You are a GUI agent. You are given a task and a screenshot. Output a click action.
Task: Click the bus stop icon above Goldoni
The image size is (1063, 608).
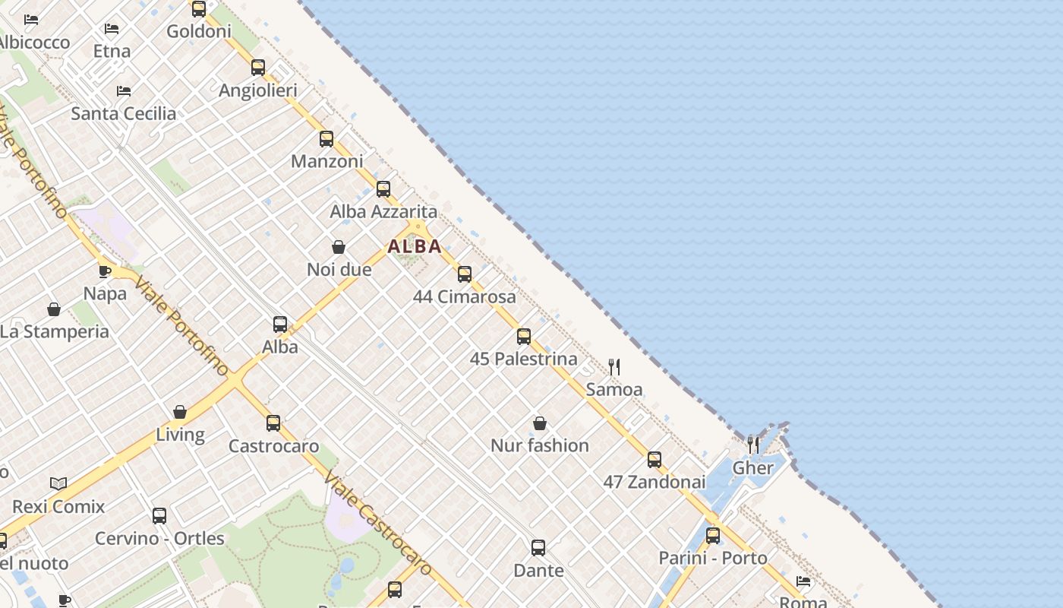[x=199, y=9]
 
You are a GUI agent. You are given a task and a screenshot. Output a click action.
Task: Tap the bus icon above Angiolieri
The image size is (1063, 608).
[x=258, y=68]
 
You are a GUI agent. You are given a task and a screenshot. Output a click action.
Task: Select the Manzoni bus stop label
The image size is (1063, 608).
[x=327, y=161]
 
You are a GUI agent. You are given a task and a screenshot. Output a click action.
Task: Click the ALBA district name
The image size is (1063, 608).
[x=415, y=246]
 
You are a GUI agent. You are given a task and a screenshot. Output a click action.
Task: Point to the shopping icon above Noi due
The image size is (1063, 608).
[x=339, y=247]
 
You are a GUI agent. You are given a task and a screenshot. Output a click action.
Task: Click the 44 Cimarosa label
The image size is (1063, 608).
[x=464, y=296]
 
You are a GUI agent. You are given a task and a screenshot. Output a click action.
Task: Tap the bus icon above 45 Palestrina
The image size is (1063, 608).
[x=524, y=337]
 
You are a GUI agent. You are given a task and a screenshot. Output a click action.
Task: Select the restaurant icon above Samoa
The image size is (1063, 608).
[x=614, y=367]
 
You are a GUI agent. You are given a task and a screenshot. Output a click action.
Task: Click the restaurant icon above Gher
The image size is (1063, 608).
[x=752, y=445]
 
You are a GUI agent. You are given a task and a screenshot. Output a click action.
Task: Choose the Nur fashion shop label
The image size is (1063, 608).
[x=539, y=445]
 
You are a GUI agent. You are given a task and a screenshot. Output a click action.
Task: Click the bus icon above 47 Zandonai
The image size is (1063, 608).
[x=655, y=460]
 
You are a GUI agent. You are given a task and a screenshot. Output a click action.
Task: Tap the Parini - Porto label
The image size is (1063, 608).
[x=712, y=558]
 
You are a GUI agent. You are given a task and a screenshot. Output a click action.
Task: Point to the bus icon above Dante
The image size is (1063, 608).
[x=538, y=547]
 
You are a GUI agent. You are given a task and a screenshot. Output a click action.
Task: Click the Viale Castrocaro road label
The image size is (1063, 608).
[x=377, y=524]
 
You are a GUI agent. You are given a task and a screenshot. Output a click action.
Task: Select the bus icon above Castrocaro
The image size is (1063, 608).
[x=273, y=423]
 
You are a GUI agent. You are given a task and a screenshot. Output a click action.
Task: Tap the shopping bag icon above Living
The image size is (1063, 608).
[x=180, y=412]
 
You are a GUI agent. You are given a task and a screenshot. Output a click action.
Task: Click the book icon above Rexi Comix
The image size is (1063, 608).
[x=58, y=483]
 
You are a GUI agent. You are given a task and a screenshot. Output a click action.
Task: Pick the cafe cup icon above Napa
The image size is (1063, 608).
[x=105, y=271]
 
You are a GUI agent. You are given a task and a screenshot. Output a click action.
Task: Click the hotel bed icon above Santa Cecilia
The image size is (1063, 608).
[x=124, y=91]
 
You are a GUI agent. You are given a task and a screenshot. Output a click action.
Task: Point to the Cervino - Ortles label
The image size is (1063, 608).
[x=159, y=538]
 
